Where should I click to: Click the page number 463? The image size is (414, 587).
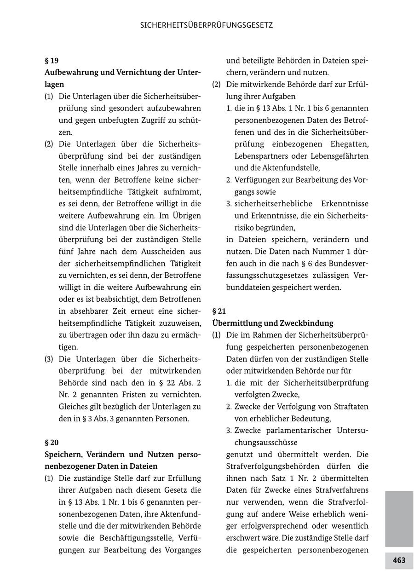click(x=399, y=560)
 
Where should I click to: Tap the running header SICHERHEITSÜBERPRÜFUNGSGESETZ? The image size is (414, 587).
click(x=207, y=25)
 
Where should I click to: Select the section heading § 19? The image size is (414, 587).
click(x=52, y=60)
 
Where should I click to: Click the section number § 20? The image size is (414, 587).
click(x=52, y=443)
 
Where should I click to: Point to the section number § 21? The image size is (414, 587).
click(x=219, y=311)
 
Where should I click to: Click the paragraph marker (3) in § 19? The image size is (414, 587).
click(x=49, y=359)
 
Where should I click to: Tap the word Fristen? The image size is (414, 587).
click(x=143, y=395)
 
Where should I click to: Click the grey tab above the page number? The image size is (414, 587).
click(x=399, y=518)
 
